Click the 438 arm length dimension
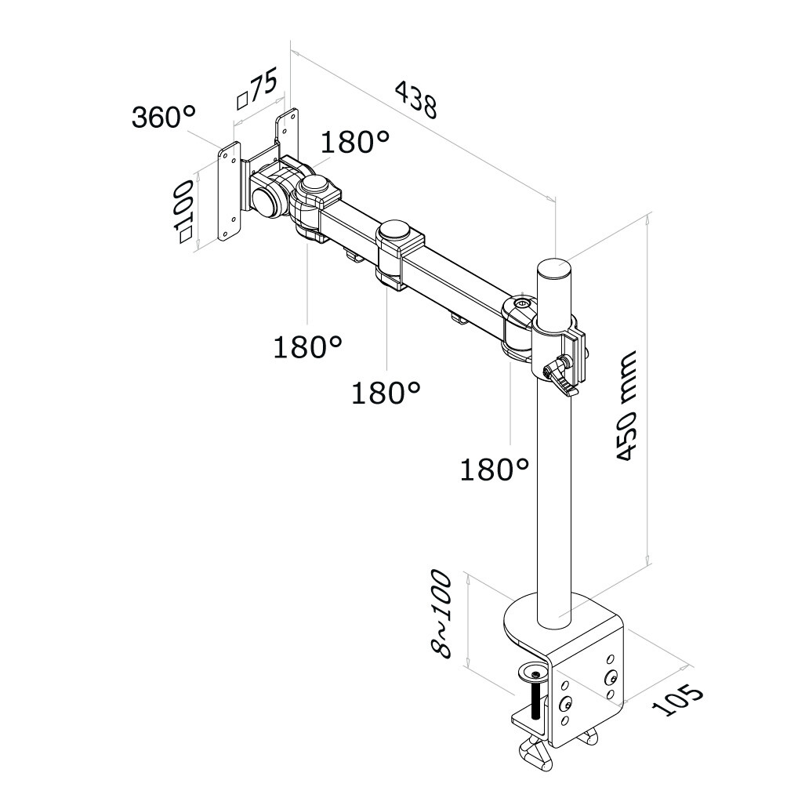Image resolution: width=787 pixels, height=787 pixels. coord(416,100)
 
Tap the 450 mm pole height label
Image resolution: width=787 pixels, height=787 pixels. coord(626,405)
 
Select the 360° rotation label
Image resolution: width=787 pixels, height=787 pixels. coord(163,117)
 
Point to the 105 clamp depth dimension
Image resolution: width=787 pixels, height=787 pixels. coord(677,698)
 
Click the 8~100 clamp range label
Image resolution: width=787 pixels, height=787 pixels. coord(441,613)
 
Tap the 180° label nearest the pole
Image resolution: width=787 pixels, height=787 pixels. coord(495,470)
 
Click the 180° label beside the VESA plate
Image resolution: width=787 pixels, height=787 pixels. coord(355,142)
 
